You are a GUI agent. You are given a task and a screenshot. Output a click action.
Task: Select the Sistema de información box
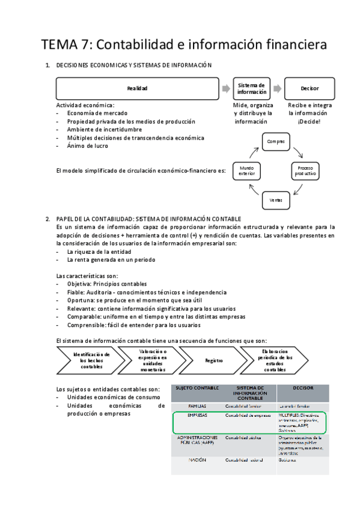tap(252, 88)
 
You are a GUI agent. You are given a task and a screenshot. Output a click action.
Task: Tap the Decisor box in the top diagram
tap(310, 88)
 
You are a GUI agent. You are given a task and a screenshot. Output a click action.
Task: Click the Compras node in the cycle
tap(275, 141)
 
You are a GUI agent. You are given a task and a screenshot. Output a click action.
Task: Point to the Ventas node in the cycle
tap(275, 199)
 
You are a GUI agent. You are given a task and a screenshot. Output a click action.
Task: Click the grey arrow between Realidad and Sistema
tap(225, 88)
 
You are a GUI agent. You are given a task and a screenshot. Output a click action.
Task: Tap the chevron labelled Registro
tap(214, 361)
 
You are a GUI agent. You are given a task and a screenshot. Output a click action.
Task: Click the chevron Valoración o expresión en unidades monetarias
tap(153, 361)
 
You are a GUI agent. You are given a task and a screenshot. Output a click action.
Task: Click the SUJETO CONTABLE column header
tap(197, 388)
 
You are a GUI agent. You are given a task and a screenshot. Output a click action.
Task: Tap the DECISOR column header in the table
tap(303, 388)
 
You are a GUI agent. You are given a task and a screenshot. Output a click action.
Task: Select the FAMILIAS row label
tap(197, 407)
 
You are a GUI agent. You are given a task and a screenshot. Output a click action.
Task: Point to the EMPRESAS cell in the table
tap(197, 416)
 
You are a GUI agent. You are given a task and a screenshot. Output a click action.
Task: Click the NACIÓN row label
tap(197, 460)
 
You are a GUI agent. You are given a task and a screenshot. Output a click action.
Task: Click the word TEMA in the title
tap(60, 45)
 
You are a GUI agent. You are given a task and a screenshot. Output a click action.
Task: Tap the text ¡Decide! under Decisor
tap(309, 121)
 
